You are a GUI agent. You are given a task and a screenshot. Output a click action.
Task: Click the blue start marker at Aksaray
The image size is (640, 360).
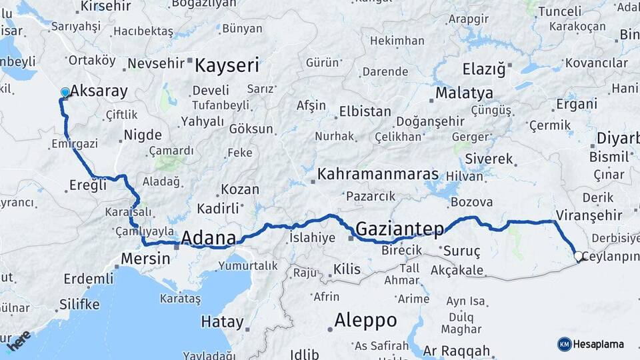(65, 92)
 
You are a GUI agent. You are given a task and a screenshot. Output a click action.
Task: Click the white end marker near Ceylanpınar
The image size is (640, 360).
(578, 255)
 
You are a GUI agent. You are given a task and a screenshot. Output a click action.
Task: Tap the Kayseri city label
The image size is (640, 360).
(227, 65)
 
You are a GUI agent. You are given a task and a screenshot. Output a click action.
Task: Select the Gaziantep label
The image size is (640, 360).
(399, 229)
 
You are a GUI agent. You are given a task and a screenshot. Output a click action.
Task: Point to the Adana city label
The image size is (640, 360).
(209, 238)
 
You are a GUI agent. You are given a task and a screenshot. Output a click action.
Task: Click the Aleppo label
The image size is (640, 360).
(365, 320)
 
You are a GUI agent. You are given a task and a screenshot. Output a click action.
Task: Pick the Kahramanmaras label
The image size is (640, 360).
(378, 175)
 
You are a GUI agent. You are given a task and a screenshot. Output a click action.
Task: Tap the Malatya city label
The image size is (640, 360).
(464, 93)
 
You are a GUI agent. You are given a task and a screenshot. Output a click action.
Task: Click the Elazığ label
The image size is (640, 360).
(484, 69)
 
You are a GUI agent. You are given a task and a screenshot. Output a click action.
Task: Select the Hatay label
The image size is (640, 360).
(222, 322)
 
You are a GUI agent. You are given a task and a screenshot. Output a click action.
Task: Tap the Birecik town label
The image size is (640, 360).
(402, 250)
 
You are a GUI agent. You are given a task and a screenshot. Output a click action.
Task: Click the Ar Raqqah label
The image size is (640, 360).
(457, 351)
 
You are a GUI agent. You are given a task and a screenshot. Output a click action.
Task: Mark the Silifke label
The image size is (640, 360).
(79, 305)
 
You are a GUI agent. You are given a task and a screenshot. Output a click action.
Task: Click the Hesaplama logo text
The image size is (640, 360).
(598, 344)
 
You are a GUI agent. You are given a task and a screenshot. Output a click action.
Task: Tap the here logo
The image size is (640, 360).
(19, 340)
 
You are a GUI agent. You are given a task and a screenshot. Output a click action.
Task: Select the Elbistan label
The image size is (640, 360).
(365, 111)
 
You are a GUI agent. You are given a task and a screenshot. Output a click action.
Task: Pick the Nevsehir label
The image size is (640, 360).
(155, 64)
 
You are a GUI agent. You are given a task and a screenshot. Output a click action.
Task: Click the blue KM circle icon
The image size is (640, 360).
(564, 344)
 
